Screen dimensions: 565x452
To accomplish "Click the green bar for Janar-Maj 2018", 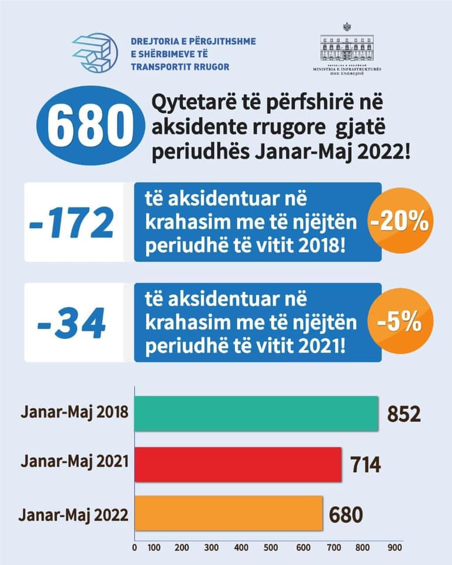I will (x=257, y=414).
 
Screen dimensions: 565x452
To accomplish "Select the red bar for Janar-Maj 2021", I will (x=238, y=464).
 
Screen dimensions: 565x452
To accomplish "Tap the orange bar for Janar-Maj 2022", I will (x=229, y=513).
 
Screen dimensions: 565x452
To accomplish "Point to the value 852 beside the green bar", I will (x=404, y=414).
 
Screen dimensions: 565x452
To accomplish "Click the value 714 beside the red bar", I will (x=365, y=464).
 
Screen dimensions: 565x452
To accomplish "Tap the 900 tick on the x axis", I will (x=394, y=547).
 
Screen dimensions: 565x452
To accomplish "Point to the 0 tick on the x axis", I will (x=135, y=547).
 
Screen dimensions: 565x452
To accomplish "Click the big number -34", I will (x=72, y=323).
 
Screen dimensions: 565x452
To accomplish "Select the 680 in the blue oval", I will (x=89, y=125).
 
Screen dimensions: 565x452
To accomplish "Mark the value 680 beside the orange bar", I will (x=347, y=514).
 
